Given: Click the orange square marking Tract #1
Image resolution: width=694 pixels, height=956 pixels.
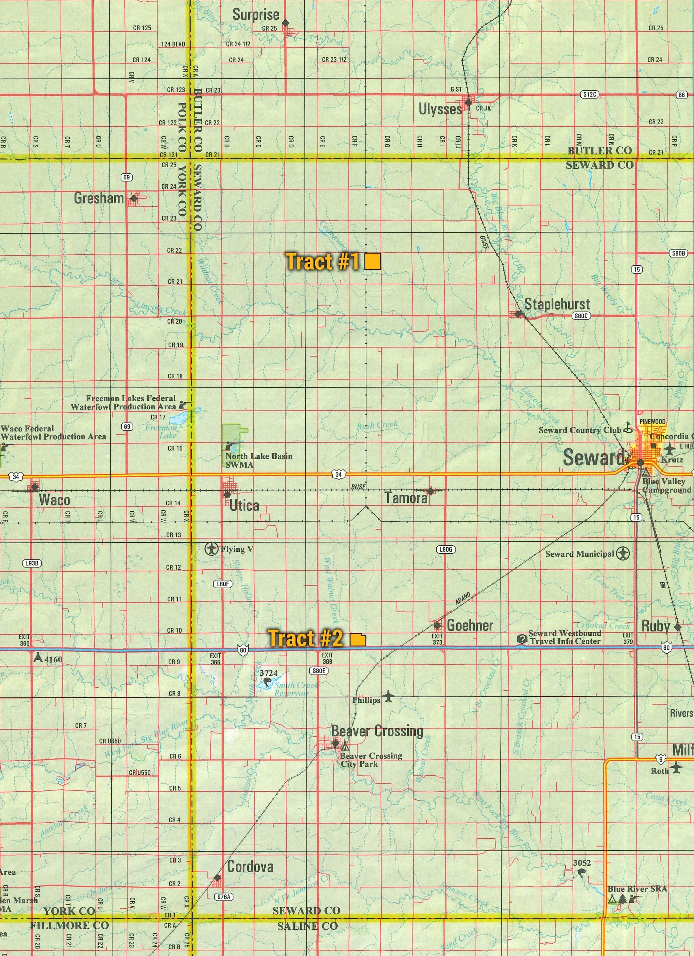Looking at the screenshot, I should (x=373, y=261).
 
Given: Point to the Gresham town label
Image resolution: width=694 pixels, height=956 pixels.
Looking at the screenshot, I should (x=99, y=198).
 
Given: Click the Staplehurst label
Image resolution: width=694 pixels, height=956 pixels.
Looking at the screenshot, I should (x=557, y=304).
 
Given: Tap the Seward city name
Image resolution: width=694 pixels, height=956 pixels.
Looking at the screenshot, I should (x=593, y=458).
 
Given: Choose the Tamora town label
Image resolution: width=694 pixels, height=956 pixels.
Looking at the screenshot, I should (x=406, y=498).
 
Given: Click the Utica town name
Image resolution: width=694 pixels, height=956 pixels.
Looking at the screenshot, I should (x=244, y=505).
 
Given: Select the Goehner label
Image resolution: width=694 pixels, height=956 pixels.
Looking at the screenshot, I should (x=470, y=625).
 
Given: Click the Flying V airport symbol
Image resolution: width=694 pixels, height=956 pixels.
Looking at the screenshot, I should (x=211, y=549).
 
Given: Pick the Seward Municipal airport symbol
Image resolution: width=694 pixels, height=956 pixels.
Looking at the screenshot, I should (x=623, y=553).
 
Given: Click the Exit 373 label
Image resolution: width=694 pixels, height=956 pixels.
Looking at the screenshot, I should (x=437, y=639).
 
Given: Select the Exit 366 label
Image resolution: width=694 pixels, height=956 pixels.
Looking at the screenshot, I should (x=215, y=659).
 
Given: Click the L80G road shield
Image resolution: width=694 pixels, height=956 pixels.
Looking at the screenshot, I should (x=446, y=550).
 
